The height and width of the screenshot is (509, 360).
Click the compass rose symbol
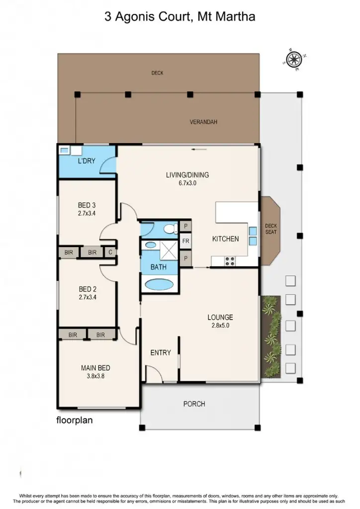(294, 60)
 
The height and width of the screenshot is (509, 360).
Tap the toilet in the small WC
(171, 229)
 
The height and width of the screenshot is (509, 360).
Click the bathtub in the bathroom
(159, 285)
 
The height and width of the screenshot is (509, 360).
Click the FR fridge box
(186, 241)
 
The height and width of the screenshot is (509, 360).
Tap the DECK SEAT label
(270, 229)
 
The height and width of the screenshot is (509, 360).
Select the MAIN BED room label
(95, 368)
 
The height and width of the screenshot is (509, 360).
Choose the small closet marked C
(110, 253)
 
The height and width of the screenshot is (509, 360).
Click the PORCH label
(194, 404)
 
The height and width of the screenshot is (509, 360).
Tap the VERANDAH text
(204, 122)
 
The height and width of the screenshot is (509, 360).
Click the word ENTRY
(161, 352)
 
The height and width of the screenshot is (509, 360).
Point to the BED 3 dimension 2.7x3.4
(88, 213)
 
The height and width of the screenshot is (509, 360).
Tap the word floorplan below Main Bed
(74, 420)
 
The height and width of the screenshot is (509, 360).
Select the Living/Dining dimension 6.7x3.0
(187, 183)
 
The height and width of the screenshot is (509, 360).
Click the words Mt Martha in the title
(227, 17)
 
